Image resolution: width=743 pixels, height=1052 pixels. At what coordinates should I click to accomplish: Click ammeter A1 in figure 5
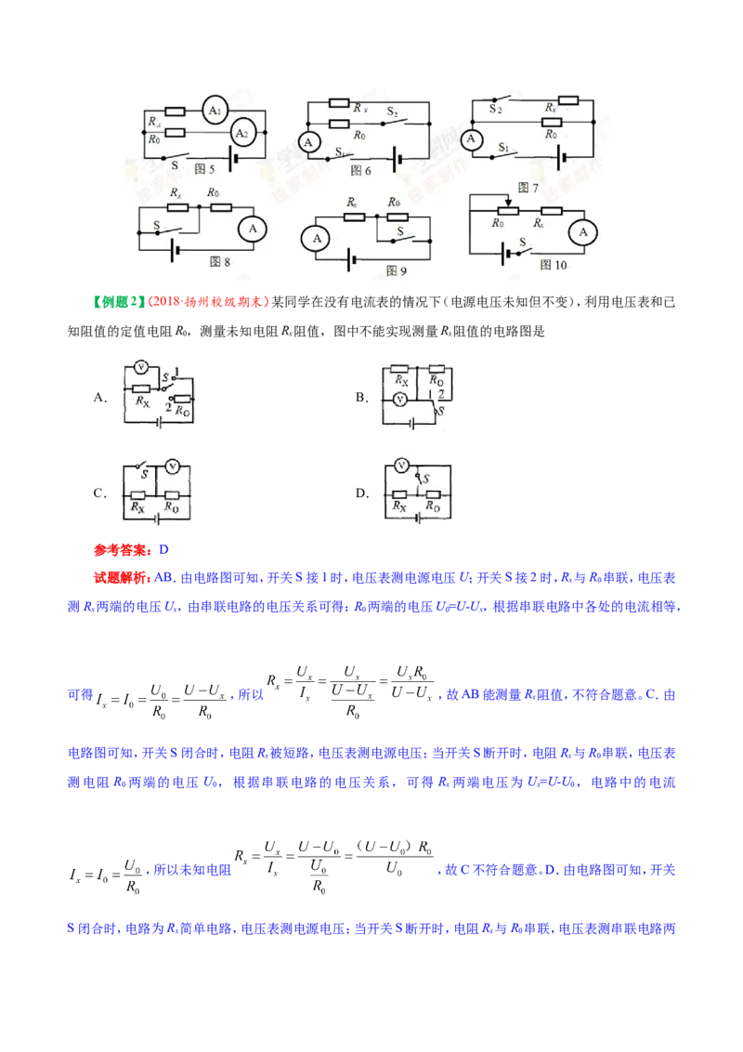[215, 111]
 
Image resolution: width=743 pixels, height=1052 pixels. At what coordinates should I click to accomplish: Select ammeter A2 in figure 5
[242, 134]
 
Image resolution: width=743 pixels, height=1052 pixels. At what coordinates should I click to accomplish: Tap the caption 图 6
[360, 170]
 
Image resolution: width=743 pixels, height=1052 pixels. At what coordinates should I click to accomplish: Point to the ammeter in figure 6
[308, 142]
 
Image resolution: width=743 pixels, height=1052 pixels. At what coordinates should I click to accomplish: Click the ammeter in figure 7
[472, 138]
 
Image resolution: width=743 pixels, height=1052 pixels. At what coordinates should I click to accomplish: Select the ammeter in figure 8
[253, 229]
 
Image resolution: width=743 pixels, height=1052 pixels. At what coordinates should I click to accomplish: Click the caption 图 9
[397, 270]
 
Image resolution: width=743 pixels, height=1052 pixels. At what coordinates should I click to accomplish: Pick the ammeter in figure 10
[582, 232]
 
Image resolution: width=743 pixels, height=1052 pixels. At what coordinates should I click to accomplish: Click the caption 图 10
[554, 265]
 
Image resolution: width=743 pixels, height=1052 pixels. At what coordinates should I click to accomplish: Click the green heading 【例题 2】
[118, 302]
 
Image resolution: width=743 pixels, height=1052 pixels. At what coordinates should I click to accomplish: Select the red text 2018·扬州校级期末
[208, 302]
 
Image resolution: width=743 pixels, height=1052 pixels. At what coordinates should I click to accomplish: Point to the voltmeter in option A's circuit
[141, 367]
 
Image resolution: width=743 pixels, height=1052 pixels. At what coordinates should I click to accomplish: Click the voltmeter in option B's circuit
[399, 400]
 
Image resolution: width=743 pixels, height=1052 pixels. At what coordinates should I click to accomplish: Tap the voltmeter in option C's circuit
[173, 467]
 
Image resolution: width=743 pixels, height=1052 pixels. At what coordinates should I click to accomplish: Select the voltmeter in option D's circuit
[401, 466]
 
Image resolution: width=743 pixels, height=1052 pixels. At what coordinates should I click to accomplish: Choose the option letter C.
[98, 493]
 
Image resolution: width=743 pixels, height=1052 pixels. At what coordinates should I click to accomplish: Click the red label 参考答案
[123, 550]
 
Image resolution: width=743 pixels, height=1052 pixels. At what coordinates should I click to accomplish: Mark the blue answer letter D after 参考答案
[163, 550]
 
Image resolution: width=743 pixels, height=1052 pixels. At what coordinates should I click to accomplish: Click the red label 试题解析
[122, 578]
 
